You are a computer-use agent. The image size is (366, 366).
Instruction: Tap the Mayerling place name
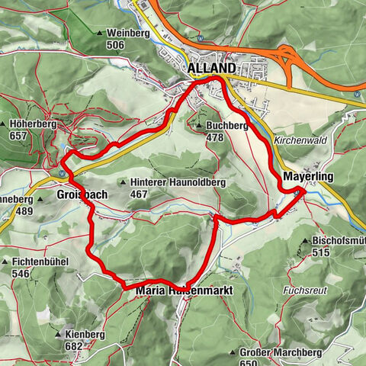tap(303, 176)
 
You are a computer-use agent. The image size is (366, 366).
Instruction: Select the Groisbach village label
tap(82, 194)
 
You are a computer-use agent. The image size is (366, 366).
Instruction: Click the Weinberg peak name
tap(127, 34)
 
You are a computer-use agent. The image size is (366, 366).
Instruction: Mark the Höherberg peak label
tap(32, 124)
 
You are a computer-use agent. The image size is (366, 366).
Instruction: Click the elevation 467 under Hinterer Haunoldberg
tap(139, 194)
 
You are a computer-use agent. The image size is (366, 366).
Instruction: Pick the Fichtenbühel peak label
tap(42, 262)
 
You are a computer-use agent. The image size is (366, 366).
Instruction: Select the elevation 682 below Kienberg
tap(74, 345)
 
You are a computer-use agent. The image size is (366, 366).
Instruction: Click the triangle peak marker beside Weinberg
tap(100, 34)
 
